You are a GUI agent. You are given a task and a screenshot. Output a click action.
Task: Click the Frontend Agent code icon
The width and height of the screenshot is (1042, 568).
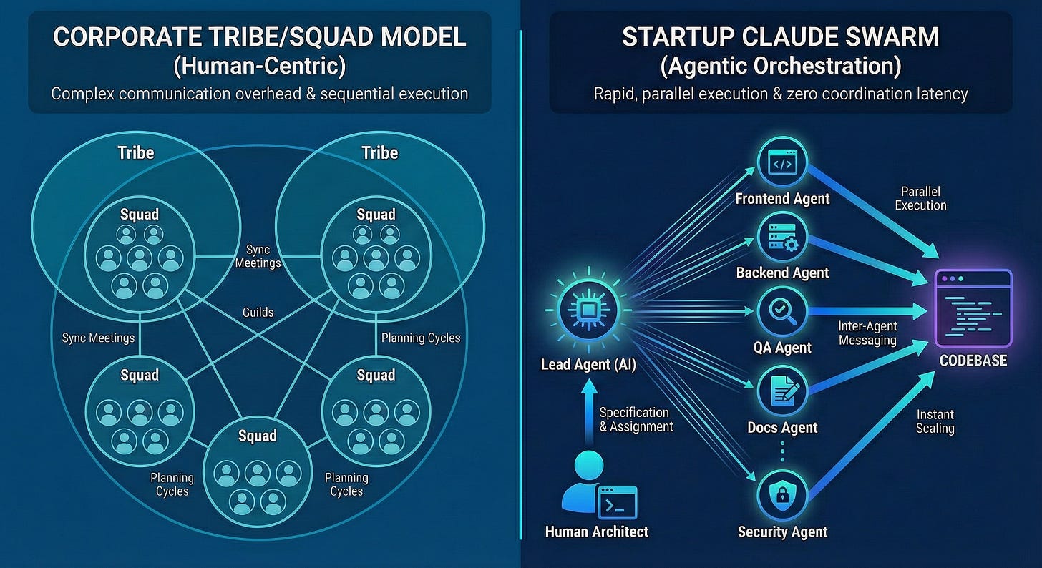coord(781,164)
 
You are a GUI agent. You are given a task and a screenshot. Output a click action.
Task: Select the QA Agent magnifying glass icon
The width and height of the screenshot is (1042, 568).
coord(781,313)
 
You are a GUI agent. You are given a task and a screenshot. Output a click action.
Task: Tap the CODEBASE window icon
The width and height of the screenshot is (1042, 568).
coord(973,308)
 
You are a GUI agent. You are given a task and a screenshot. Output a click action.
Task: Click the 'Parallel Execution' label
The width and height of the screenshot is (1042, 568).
coord(920,199)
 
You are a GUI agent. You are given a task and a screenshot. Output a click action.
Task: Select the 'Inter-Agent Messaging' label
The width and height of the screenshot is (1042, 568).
coord(867,333)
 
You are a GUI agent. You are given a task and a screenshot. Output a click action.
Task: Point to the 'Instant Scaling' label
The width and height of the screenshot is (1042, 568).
coord(935,421)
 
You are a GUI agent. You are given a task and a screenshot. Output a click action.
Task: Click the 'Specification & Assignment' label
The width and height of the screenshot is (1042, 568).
coord(636,420)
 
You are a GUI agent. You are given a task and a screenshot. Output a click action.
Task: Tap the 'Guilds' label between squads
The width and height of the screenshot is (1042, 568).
coord(257,313)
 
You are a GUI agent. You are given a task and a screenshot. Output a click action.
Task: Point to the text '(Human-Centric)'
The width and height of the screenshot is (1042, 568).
coord(259,66)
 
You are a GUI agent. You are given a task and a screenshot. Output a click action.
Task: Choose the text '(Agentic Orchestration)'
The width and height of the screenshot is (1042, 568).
coord(781,66)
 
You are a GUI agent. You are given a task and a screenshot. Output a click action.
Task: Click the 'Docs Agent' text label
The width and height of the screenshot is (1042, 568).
coord(782,428)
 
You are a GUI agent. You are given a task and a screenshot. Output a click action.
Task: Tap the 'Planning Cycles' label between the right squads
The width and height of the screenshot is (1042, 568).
coord(420,338)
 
